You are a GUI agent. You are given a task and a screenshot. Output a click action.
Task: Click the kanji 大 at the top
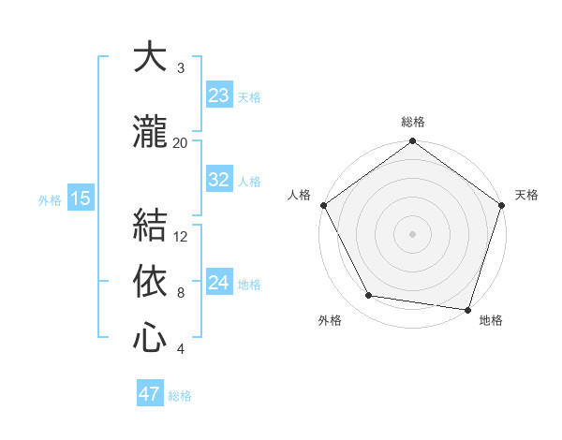[x=150, y=57]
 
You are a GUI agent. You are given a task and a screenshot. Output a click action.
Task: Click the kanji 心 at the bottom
[x=150, y=338]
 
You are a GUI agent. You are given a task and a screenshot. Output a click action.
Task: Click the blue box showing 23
[x=219, y=95]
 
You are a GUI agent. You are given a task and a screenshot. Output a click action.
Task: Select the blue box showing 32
[x=219, y=180]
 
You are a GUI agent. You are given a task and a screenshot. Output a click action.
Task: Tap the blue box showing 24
[x=219, y=283]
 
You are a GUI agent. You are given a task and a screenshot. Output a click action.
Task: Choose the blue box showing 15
[x=80, y=198]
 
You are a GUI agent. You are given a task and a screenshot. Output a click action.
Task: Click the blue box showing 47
[x=150, y=394]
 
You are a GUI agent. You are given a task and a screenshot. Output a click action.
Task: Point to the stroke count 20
[x=180, y=142]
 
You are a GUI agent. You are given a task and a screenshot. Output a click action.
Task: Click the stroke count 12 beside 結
[x=181, y=236]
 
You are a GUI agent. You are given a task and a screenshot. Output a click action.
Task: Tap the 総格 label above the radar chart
[x=413, y=122]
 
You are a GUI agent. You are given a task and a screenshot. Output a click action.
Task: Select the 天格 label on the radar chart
[x=526, y=195]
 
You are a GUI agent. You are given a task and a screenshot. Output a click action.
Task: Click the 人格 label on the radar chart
[x=300, y=195]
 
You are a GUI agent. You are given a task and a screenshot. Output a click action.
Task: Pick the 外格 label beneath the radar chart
[x=330, y=321]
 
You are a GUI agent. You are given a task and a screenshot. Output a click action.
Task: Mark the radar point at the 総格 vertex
[x=412, y=142]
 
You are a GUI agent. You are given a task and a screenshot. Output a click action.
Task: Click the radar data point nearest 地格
[x=467, y=309]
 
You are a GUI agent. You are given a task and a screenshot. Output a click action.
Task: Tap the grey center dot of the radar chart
[x=412, y=233]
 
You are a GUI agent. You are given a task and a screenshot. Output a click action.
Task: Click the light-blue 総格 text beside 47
[x=180, y=396]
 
